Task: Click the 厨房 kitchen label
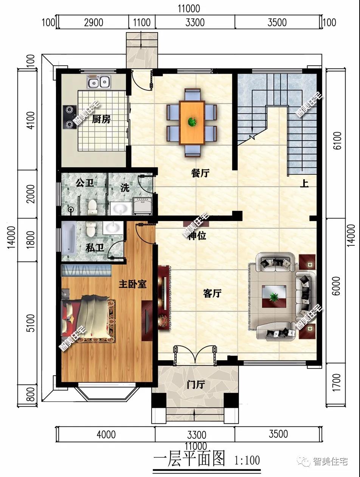[101, 119]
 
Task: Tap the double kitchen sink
[99, 82]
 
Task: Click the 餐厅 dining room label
[200, 173]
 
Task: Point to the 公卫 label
[85, 183]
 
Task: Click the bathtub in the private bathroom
[69, 239]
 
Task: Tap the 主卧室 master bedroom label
[133, 284]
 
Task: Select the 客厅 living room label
[212, 294]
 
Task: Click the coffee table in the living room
[274, 296]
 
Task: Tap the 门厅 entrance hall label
[196, 385]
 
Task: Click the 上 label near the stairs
[304, 184]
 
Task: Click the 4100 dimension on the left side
[31, 121]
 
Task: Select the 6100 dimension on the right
[338, 141]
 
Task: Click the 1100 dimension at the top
[142, 22]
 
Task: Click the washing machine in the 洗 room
[142, 206]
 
